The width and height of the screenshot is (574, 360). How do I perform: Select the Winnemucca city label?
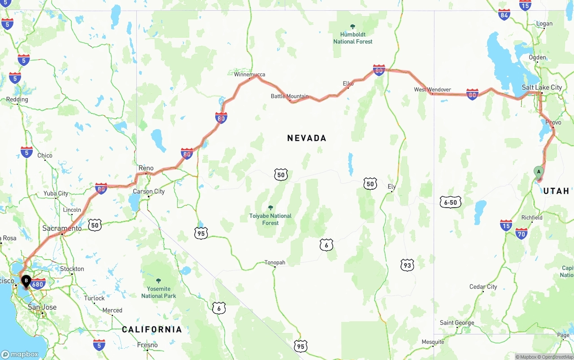coord(249,74)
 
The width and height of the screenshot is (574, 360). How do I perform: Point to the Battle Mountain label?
coord(289,96)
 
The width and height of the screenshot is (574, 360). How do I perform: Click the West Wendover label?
coord(432,90)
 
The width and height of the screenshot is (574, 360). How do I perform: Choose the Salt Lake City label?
coord(542,87)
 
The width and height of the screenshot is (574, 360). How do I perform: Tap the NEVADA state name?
coord(307,138)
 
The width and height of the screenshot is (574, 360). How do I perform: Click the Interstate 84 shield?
coord(504,14)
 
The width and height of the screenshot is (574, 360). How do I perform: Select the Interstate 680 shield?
coord(39,284)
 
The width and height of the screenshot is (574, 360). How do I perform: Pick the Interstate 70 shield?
coord(521,233)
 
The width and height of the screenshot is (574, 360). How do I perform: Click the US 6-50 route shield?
coord(450,202)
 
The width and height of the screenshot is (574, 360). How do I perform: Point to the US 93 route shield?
coord(407,265)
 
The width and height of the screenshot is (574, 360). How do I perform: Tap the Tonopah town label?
coord(274,263)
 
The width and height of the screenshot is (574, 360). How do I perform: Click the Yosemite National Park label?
coord(159,292)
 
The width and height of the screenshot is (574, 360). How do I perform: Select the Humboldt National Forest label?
coord(353,38)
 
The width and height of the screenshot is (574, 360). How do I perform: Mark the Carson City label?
coord(149,191)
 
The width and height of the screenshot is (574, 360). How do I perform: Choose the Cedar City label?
coord(483,287)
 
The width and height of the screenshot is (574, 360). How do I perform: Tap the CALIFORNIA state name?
coord(152,330)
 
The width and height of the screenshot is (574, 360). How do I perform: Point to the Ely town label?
coord(392,187)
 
